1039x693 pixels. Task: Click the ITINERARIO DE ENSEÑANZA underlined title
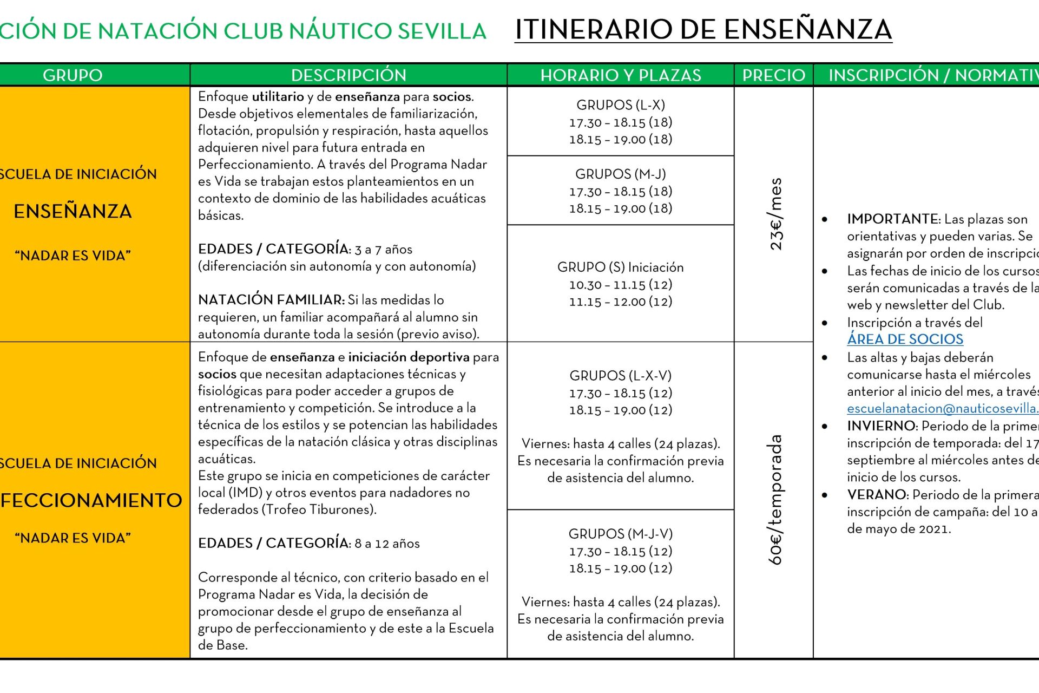coord(703,30)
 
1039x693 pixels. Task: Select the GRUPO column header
coord(73,75)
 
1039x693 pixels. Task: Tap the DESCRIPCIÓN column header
coord(348,75)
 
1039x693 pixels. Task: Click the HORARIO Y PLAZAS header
coord(621,75)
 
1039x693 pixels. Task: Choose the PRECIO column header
coord(774,75)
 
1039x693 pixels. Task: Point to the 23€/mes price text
coord(775,214)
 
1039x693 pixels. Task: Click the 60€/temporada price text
coord(775,500)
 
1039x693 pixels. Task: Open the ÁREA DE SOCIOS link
coord(905,339)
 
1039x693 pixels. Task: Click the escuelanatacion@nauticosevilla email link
coord(942,409)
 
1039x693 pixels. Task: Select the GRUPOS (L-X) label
coord(620,105)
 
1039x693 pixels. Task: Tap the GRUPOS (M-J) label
coord(620,174)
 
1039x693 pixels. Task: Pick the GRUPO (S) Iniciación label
coord(620,267)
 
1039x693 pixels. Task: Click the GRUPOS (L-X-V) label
coord(620,376)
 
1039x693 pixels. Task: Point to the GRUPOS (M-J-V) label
coord(620,534)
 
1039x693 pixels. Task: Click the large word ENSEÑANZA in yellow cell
coord(73,211)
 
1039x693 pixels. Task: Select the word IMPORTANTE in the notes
coord(893,219)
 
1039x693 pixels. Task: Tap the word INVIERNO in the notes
coord(882,426)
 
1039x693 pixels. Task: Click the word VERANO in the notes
coord(877,495)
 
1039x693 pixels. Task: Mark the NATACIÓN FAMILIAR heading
coord(271,300)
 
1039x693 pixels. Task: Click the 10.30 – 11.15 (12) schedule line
coord(620,285)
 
